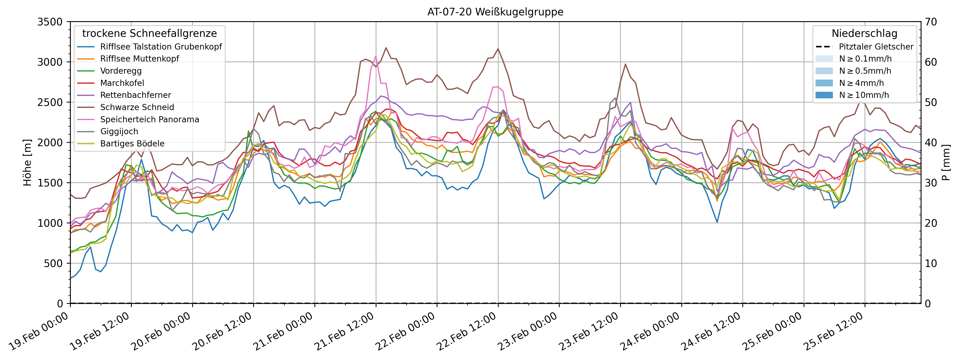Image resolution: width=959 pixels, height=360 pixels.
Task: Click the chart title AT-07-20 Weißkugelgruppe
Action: (x=495, y=12)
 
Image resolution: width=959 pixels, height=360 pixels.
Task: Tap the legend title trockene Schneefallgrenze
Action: (x=149, y=33)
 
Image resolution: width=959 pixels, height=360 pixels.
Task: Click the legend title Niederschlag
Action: (x=864, y=33)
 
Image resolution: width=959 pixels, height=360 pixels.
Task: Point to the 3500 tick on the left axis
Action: (x=50, y=22)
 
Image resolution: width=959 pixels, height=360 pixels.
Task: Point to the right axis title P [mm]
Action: (x=946, y=163)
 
